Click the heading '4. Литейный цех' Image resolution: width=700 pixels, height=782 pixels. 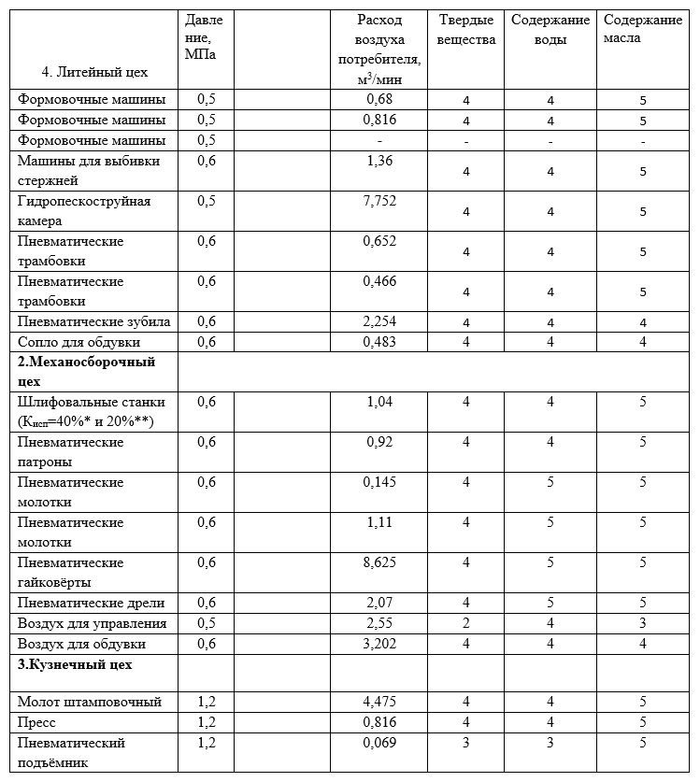(x=94, y=71)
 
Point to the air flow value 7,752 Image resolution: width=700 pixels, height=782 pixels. (x=380, y=201)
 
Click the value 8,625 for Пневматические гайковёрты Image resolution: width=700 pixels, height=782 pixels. (x=380, y=562)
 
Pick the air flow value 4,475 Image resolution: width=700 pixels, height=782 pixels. (x=380, y=702)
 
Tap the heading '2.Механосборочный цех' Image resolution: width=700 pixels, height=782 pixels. (x=86, y=371)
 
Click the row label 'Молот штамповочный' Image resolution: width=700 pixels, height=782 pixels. (x=90, y=702)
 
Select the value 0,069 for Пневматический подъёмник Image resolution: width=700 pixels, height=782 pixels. (x=380, y=743)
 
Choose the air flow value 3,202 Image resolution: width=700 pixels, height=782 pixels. (x=380, y=644)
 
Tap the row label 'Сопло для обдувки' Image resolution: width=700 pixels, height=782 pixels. (x=79, y=342)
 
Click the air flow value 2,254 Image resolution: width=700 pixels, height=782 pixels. (x=380, y=321)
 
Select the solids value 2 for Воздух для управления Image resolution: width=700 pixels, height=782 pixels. (x=465, y=623)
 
